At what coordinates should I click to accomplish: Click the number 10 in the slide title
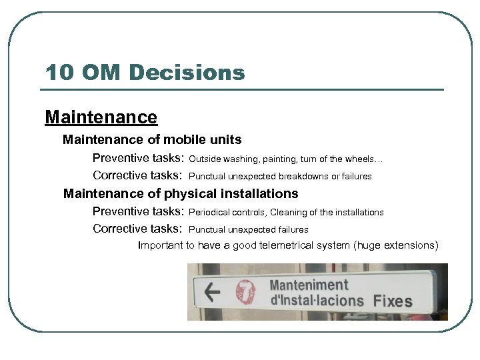click(58, 72)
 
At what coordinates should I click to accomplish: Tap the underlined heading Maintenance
click(101, 117)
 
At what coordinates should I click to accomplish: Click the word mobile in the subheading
click(183, 140)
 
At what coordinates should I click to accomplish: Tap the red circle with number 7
click(245, 291)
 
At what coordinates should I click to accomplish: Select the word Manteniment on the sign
click(309, 285)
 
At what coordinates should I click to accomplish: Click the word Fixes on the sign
click(393, 301)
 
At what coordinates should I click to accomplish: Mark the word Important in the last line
click(160, 245)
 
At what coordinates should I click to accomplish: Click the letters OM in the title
click(99, 72)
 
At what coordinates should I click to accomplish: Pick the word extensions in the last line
click(412, 245)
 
